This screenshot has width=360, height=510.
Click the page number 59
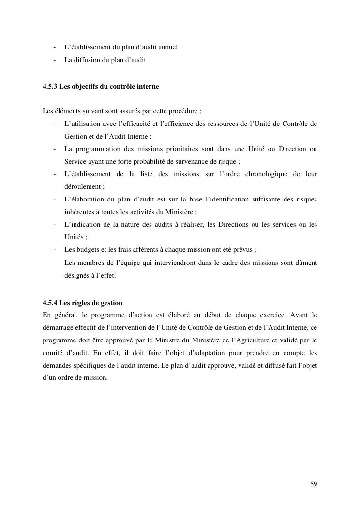coord(314,484)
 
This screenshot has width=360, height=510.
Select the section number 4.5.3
coord(49,87)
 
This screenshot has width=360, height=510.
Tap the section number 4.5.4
coord(49,303)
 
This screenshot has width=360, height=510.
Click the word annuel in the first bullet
coord(166,47)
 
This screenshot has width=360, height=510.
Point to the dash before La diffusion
coord(55,60)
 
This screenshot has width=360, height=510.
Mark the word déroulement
coord(82,187)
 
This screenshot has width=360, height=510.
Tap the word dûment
coord(306,263)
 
